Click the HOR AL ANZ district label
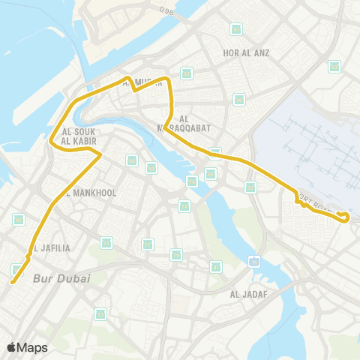[246, 53]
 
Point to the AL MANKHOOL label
[91, 193]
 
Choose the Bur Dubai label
[61, 278]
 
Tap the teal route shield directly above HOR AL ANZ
[236, 29]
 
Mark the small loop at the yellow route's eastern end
[345, 217]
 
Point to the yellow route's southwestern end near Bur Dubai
[12, 282]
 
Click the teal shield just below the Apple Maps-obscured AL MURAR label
[186, 73]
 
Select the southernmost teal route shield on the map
[100, 313]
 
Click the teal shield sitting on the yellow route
[215, 153]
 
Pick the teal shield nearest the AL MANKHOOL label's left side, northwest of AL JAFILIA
[19, 219]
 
